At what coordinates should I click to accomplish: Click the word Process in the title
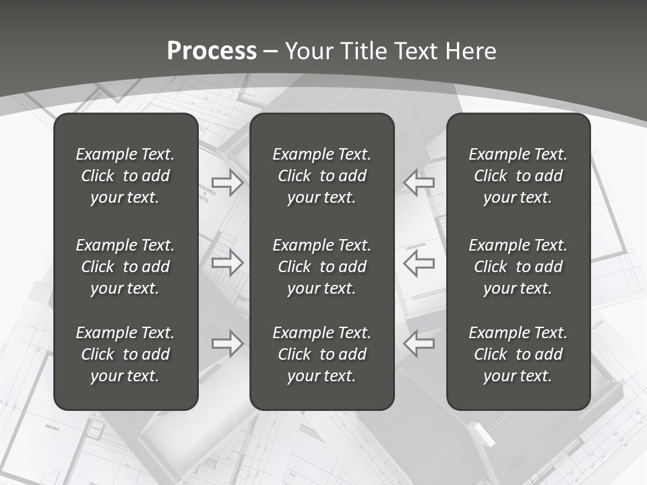click(x=212, y=51)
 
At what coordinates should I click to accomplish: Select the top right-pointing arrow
click(x=227, y=183)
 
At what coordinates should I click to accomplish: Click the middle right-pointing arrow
click(x=227, y=263)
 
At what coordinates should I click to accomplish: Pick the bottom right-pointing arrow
click(x=227, y=343)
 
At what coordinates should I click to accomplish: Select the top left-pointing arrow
click(x=419, y=183)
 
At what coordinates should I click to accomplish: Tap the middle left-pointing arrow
click(x=419, y=263)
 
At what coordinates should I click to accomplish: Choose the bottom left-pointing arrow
click(x=419, y=343)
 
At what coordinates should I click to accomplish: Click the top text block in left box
click(x=125, y=176)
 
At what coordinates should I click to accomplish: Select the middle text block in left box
click(x=125, y=267)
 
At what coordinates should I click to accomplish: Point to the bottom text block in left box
click(x=125, y=354)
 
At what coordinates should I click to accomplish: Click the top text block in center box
click(x=321, y=176)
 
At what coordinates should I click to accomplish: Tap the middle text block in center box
click(x=321, y=267)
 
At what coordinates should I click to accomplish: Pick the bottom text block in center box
click(x=321, y=354)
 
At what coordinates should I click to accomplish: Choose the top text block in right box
click(x=518, y=176)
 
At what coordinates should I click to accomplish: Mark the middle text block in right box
click(x=518, y=267)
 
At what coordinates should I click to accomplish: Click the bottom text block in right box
click(x=518, y=354)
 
